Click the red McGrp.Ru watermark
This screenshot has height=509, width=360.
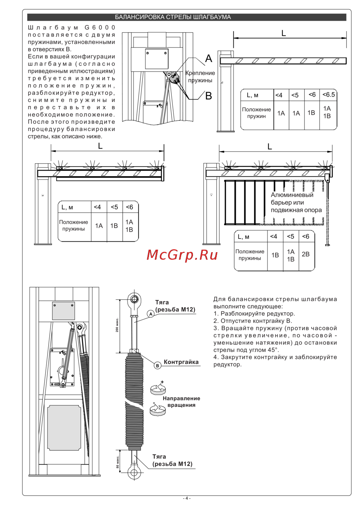coord(182,255)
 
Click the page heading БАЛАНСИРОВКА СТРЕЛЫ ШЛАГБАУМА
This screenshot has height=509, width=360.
coord(173,17)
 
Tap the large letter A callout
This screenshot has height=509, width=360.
coord(208,59)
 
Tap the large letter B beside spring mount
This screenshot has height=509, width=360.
coord(208,96)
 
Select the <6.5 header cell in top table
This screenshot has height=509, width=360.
coord(328,95)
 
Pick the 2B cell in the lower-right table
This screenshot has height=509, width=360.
coord(306,254)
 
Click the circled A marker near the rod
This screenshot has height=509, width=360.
coord(151,314)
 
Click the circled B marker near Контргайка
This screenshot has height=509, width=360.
coord(157,365)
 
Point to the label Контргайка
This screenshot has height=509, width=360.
coord(181,362)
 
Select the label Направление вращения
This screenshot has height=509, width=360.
coord(181,401)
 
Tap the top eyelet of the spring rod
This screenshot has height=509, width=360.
coord(134,299)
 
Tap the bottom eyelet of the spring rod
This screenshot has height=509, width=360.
coord(134,472)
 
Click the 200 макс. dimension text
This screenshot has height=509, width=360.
coord(117,325)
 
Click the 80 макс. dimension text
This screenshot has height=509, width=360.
coord(117,462)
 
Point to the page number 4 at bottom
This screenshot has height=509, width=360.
coord(186,498)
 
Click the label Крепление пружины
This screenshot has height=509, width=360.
coord(200,77)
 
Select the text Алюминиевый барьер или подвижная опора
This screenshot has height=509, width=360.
coord(296,202)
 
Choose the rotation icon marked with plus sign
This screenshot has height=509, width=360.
coord(158,388)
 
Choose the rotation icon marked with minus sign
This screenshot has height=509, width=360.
coord(158,409)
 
